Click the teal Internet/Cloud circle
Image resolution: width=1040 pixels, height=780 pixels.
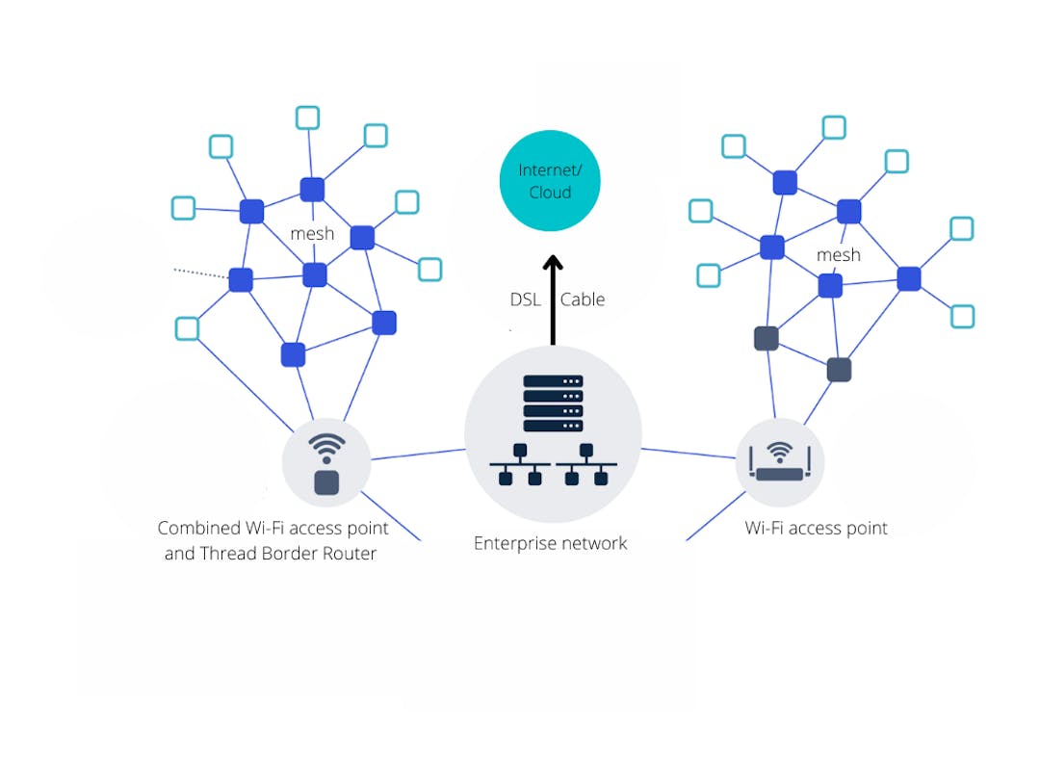pyautogui.click(x=550, y=181)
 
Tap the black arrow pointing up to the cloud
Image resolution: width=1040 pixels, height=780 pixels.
pyautogui.click(x=553, y=299)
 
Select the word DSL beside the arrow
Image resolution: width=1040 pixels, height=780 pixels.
pyautogui.click(x=526, y=299)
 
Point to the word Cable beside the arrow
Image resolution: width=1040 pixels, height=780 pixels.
pyautogui.click(x=583, y=299)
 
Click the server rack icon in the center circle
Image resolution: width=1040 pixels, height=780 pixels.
pyautogui.click(x=553, y=403)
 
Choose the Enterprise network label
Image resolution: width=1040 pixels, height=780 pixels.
pyautogui.click(x=550, y=543)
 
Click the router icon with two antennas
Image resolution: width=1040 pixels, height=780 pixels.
pyautogui.click(x=780, y=462)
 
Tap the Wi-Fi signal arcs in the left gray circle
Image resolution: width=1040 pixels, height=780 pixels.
pyautogui.click(x=326, y=446)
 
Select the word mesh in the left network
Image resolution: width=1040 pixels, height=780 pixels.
pyautogui.click(x=312, y=233)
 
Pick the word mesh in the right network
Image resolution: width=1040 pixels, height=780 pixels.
pyautogui.click(x=838, y=255)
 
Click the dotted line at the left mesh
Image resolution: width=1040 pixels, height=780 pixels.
pyautogui.click(x=200, y=274)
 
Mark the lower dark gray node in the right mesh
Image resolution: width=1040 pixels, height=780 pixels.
pyautogui.click(x=839, y=370)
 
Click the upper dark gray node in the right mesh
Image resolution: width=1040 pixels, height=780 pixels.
pyautogui.click(x=767, y=338)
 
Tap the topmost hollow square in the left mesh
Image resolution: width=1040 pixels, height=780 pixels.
pyautogui.click(x=307, y=117)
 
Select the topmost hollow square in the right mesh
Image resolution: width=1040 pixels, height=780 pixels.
pyautogui.click(x=834, y=127)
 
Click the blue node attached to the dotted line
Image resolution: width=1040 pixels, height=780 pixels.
pyautogui.click(x=241, y=280)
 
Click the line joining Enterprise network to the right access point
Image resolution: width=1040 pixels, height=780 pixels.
pyautogui.click(x=689, y=453)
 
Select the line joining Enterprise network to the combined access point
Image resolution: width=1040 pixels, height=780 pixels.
pyautogui.click(x=418, y=454)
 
